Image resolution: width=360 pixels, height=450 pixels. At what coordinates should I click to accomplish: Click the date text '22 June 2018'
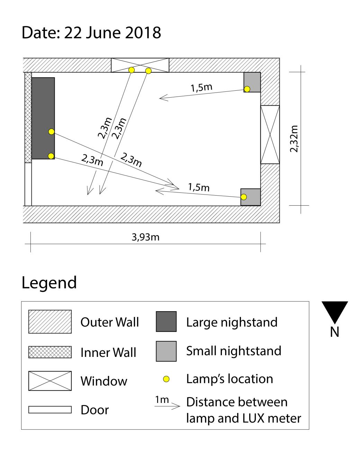112,33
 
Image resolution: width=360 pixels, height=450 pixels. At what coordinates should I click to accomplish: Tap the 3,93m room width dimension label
145,237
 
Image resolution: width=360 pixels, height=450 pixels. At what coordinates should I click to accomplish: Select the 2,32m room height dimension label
294,139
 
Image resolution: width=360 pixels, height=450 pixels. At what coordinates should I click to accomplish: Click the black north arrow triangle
334,313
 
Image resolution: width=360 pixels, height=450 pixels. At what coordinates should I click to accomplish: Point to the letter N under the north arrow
334,332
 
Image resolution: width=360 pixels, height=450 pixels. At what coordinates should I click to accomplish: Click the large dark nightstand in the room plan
43,118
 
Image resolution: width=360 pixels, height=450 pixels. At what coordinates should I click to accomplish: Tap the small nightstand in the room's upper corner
252,82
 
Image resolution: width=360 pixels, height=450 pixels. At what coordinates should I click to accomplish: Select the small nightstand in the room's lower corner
251,197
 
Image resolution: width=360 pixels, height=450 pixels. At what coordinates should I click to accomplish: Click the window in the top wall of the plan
140,65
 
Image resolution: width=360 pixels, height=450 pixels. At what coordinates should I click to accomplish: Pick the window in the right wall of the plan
270,134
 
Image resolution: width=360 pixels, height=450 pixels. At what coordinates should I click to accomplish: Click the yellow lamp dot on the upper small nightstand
247,89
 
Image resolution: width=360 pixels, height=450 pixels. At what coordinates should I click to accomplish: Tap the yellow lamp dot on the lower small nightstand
243,197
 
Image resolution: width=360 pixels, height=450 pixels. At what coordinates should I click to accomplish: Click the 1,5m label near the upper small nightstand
201,88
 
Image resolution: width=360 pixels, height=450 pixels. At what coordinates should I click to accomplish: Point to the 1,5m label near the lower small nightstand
199,187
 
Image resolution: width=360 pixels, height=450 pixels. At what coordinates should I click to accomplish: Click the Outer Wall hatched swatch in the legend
50,322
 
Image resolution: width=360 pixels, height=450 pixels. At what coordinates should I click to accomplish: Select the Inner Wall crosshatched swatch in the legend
50,352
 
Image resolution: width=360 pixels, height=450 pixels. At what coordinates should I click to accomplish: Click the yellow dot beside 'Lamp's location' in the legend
166,379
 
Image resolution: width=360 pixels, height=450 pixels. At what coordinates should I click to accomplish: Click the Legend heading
49,283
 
